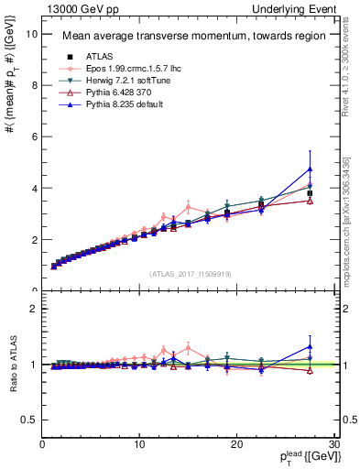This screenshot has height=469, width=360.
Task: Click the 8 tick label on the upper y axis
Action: pos(33,85)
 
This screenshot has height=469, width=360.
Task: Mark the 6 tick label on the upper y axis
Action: pos(33,136)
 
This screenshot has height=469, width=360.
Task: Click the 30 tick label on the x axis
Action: pos(333,444)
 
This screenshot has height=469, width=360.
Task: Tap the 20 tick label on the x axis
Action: pos(236,444)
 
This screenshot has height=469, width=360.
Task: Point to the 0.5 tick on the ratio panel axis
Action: pos(27,419)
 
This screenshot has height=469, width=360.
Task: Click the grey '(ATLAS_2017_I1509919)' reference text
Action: pos(191,272)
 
